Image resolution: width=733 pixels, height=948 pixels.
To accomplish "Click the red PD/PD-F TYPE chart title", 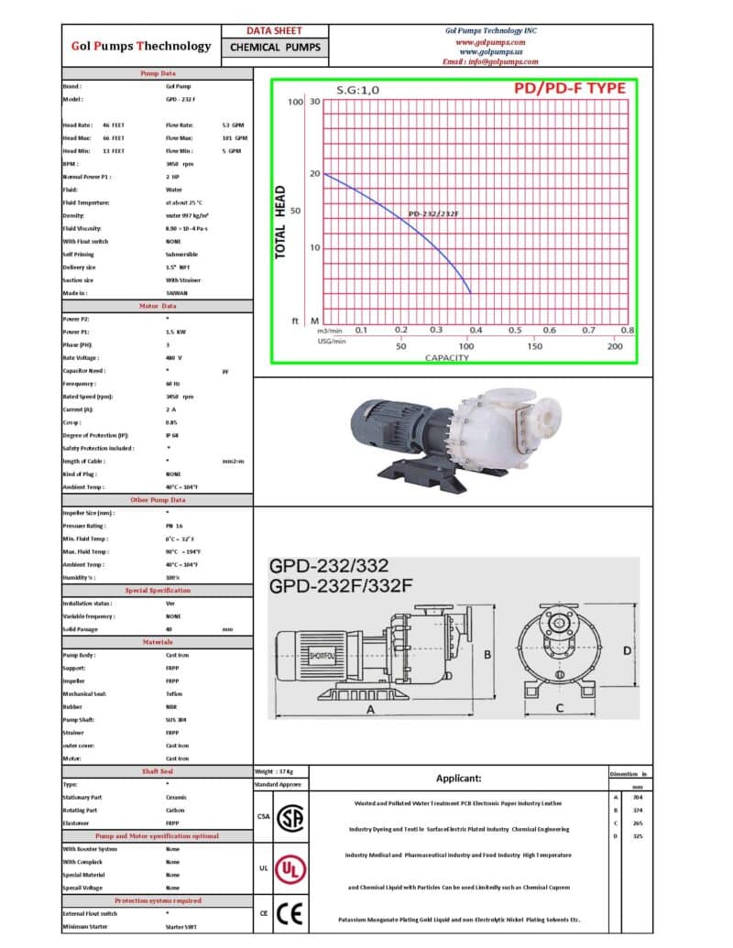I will click(x=569, y=89).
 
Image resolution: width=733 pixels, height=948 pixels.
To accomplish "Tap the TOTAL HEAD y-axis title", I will click(x=281, y=223).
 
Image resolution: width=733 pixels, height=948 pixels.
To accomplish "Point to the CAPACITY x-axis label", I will click(x=446, y=357).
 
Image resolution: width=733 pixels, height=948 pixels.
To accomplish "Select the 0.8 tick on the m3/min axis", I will click(x=627, y=331).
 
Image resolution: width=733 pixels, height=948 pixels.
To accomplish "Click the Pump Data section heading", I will click(x=158, y=72).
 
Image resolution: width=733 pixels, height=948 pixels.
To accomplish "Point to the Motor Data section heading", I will click(x=158, y=305).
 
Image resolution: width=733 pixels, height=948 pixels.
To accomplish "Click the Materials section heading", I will click(x=158, y=642).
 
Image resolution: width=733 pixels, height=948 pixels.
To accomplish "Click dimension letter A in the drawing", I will click(x=370, y=709).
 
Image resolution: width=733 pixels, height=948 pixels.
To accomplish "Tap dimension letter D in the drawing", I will click(x=627, y=650).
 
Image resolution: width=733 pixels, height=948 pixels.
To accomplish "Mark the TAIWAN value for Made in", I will click(x=179, y=293).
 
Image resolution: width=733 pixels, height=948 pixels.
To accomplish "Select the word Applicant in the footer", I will click(x=458, y=779).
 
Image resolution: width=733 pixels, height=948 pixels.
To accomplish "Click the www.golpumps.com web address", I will click(x=490, y=42).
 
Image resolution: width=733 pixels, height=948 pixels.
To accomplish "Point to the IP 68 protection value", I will click(x=173, y=435).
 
